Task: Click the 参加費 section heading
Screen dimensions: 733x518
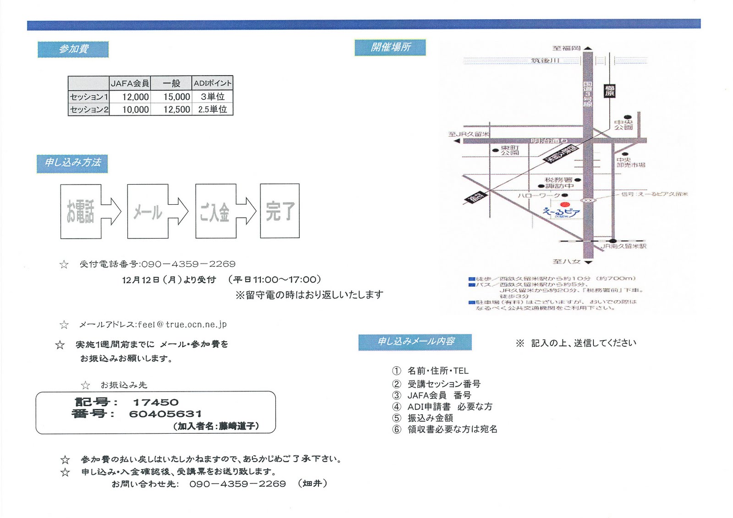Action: [73, 49]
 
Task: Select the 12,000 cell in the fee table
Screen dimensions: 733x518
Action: [135, 97]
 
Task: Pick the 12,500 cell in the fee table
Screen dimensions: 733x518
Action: [176, 110]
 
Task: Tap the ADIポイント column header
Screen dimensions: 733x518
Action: [213, 83]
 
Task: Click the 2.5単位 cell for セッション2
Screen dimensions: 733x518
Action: [213, 110]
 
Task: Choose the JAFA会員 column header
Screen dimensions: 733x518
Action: [130, 83]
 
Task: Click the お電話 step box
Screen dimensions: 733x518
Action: [81, 212]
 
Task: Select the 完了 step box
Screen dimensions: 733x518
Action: [279, 211]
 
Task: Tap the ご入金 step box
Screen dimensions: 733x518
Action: [215, 212]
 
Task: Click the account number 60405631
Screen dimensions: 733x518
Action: [165, 414]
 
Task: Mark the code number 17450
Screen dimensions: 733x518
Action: [156, 403]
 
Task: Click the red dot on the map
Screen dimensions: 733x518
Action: [565, 205]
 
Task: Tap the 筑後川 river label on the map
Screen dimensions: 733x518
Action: [545, 60]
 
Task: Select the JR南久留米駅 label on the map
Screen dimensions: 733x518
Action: [624, 246]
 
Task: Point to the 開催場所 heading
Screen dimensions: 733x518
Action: [390, 48]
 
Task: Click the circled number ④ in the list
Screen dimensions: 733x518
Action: [397, 407]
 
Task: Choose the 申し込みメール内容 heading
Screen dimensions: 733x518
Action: [416, 342]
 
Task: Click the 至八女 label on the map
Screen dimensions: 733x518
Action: [567, 262]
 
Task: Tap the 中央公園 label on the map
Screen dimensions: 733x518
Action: [624, 125]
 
